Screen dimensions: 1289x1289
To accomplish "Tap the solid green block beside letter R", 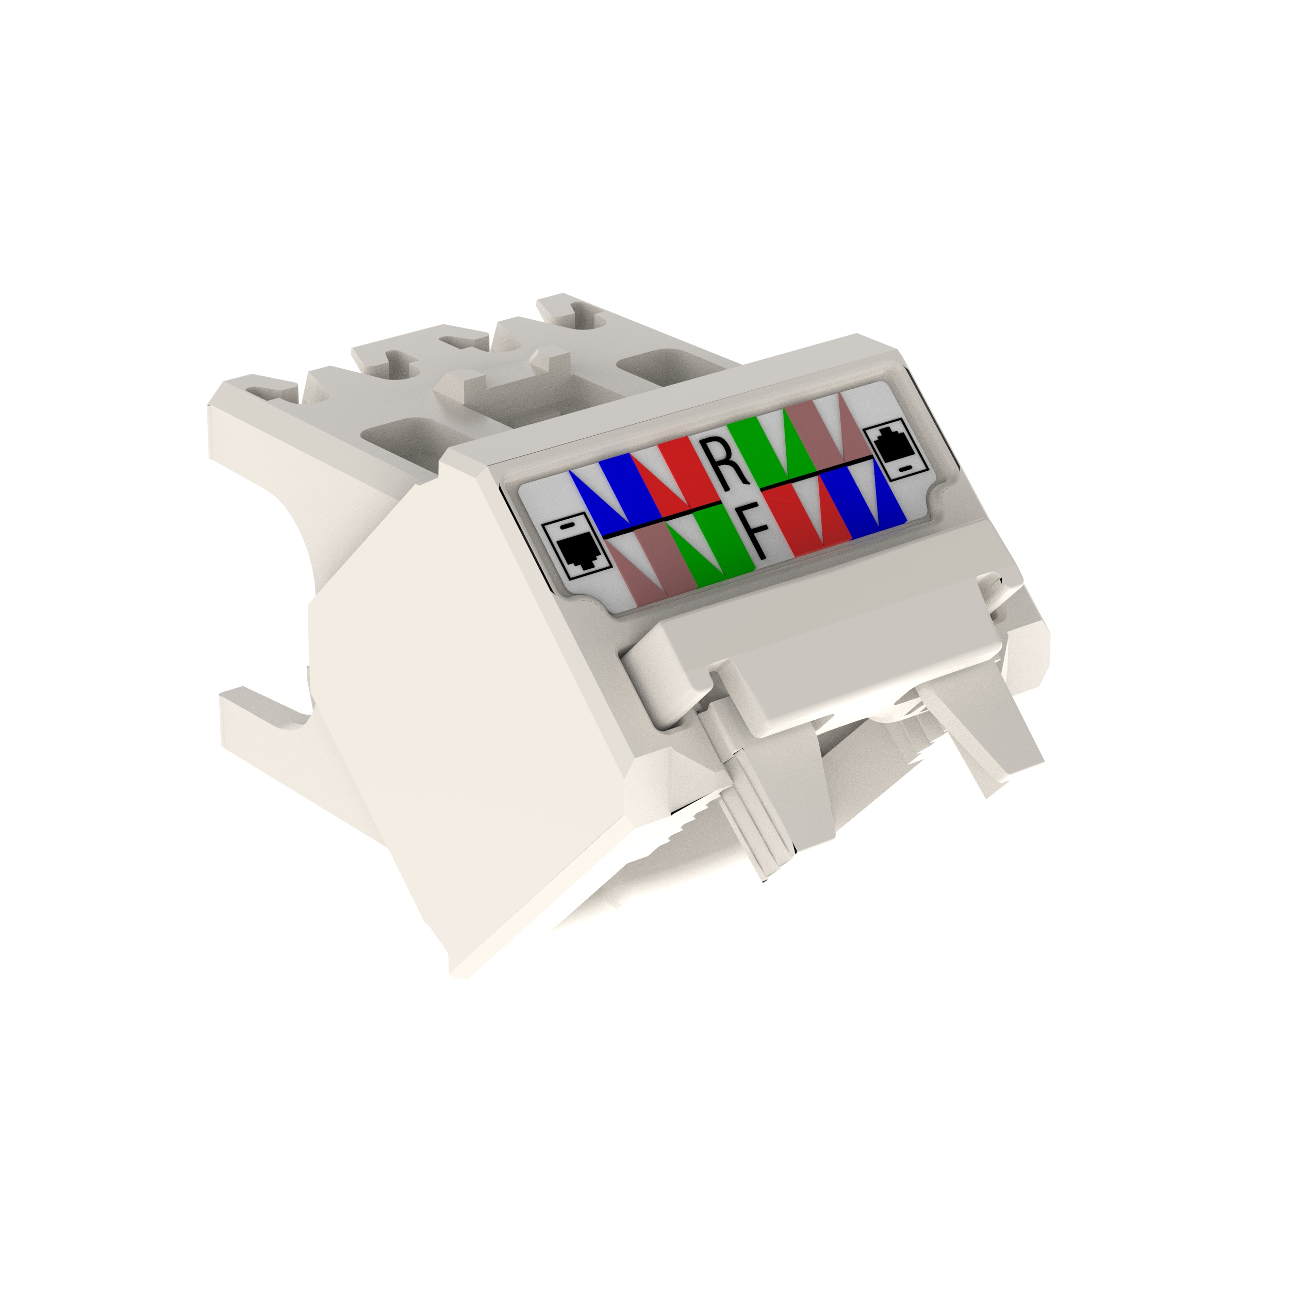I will coord(749,445).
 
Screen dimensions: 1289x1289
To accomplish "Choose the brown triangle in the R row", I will coord(851,427).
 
